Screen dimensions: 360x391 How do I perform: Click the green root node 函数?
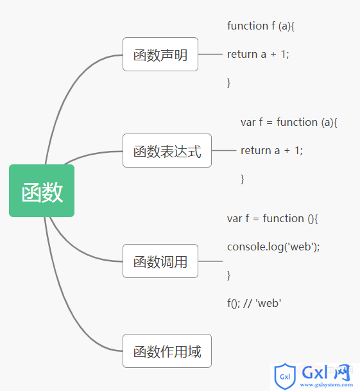point(42,191)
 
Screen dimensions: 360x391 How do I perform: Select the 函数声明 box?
point(160,55)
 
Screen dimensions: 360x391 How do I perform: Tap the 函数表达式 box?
point(167,151)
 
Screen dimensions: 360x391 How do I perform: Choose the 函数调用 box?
point(160,261)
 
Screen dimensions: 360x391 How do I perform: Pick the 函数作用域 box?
point(167,351)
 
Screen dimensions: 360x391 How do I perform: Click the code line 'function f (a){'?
point(261,26)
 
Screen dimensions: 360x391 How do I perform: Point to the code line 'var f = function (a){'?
point(289,123)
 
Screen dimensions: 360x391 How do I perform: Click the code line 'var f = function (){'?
point(272,219)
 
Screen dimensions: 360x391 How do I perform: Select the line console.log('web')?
point(273,247)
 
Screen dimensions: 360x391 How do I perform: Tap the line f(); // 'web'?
point(254,304)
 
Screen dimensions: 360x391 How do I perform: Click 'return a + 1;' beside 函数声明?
point(258,55)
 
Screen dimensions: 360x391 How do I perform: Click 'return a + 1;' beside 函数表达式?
point(271,151)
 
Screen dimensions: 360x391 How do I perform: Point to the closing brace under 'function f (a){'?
point(228,83)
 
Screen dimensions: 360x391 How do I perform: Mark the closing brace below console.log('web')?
point(228,275)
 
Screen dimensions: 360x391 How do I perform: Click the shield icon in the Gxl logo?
point(285,376)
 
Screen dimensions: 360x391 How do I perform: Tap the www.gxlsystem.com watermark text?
point(327,385)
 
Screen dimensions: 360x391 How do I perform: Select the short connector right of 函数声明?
point(210,54)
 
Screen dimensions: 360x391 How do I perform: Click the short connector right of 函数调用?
point(210,261)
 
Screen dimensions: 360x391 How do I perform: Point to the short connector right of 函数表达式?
point(224,150)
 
